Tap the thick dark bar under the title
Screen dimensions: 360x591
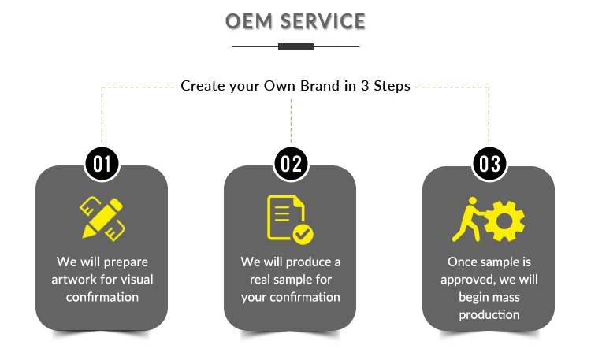point(295,46)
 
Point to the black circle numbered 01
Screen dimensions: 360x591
point(102,164)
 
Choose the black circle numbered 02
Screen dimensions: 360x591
point(291,164)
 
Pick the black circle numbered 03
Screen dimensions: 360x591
point(489,164)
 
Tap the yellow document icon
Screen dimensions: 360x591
point(284,217)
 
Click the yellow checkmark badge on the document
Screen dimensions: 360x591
point(302,234)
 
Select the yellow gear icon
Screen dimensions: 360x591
point(504,220)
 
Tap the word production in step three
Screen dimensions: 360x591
point(489,315)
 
